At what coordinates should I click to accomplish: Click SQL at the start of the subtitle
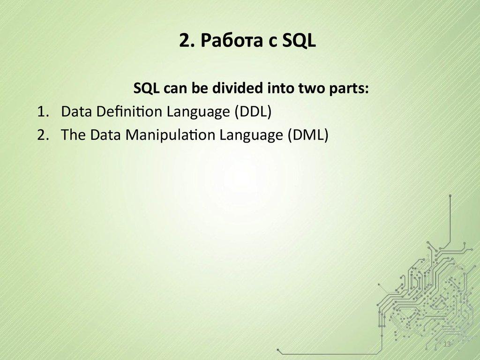(145, 89)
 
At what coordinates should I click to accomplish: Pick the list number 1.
(43, 112)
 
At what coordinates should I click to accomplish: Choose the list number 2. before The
(43, 135)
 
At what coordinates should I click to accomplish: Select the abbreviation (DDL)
(253, 112)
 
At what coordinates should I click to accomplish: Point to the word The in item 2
(72, 135)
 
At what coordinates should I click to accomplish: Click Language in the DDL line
(192, 112)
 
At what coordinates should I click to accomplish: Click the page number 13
(446, 345)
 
